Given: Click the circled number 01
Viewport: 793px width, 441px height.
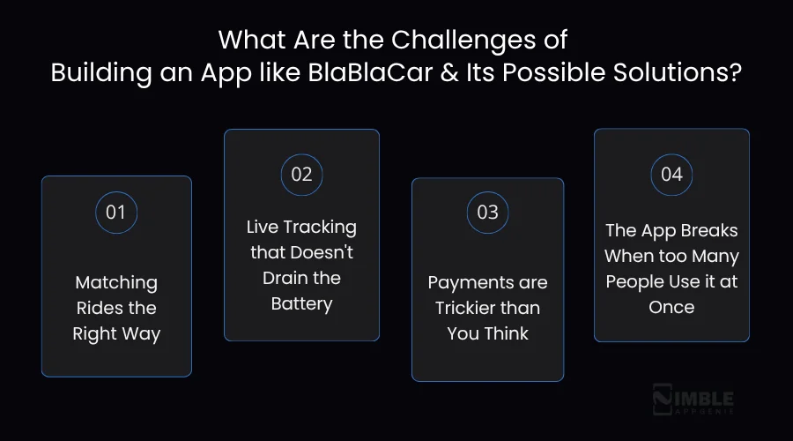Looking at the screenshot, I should pyautogui.click(x=116, y=212).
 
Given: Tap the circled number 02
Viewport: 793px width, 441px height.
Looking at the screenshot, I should pyautogui.click(x=301, y=174).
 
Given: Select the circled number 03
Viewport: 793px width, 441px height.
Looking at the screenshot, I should pyautogui.click(x=487, y=212).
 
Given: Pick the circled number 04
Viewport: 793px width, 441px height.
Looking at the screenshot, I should pyautogui.click(x=671, y=174).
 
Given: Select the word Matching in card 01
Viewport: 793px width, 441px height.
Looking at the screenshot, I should pyautogui.click(x=116, y=283).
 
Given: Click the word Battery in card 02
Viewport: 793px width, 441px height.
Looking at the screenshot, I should pyautogui.click(x=301, y=304).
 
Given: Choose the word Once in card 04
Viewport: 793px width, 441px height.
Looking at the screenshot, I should pyautogui.click(x=671, y=307).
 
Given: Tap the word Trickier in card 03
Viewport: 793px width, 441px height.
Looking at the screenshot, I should pyautogui.click(x=469, y=309).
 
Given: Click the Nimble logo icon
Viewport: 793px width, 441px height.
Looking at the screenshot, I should pyautogui.click(x=663, y=399).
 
